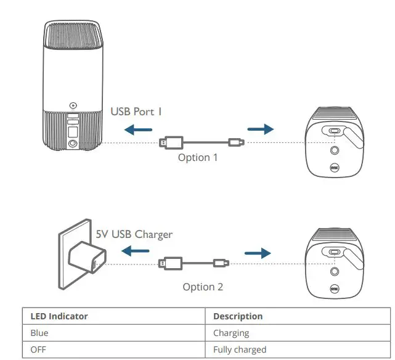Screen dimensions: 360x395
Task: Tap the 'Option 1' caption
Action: coord(198,157)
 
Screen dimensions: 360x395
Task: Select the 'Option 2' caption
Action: coord(203,287)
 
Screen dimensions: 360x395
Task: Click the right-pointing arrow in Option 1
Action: coord(259,129)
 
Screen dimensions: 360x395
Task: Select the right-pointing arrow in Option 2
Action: coord(257,252)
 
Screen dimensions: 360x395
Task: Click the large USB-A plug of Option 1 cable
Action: coord(170,142)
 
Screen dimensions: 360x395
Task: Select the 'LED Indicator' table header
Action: coord(59,316)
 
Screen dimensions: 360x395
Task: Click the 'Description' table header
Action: coord(238,316)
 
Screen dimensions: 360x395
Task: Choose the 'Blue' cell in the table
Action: coord(39,333)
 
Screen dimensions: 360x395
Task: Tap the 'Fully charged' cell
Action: coord(240,350)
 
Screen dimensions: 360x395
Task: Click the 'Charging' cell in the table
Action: coord(231,333)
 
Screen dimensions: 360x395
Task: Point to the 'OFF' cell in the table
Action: coord(39,350)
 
